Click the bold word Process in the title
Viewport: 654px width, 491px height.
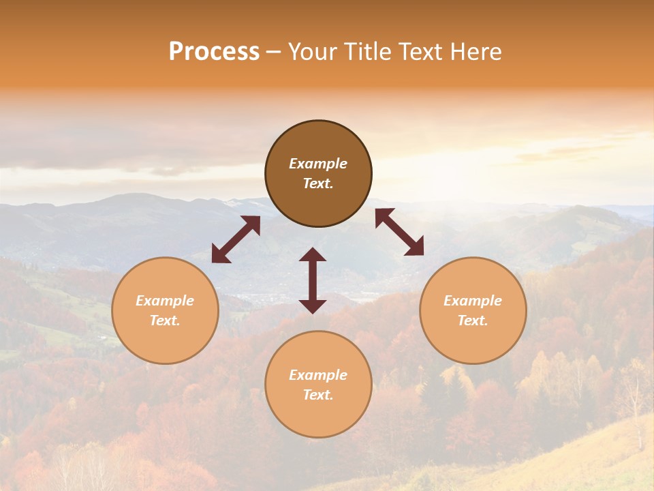[x=214, y=52]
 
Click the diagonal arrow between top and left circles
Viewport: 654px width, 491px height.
[x=236, y=239]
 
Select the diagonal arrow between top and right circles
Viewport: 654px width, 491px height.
[x=400, y=232]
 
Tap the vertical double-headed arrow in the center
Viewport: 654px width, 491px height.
[x=313, y=280]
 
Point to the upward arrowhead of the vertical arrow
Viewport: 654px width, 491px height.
[x=313, y=254]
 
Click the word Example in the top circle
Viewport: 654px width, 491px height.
[x=318, y=164]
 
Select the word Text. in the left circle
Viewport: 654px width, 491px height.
[x=165, y=321]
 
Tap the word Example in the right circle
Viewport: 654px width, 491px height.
[x=473, y=301]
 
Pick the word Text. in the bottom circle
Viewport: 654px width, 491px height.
[x=318, y=395]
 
